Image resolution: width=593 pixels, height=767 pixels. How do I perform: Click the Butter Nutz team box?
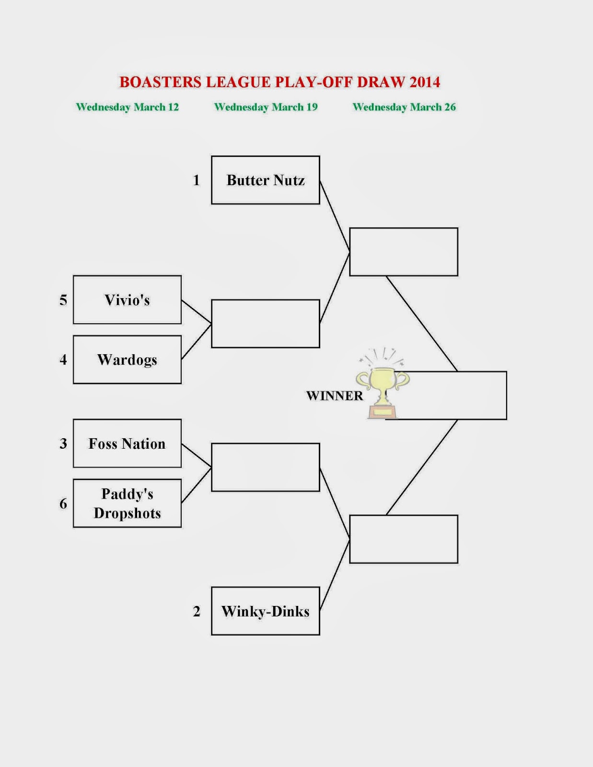point(266,180)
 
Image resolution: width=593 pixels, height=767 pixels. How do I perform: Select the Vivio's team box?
point(127,300)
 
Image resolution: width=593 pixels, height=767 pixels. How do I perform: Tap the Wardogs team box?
point(127,360)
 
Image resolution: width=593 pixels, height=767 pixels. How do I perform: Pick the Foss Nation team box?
point(127,443)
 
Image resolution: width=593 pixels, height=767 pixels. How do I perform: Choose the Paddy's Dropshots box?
point(127,503)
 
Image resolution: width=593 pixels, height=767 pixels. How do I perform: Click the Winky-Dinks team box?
point(266,611)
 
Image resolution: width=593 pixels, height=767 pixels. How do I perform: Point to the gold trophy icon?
point(383,385)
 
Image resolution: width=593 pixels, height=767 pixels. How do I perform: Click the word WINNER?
point(335,395)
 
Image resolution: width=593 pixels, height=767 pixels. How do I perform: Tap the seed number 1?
point(196,180)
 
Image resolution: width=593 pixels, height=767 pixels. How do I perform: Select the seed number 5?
point(63,300)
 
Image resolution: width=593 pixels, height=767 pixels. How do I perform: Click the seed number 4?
point(63,360)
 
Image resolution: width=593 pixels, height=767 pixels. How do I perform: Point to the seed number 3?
point(63,443)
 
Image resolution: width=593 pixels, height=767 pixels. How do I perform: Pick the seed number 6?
point(63,503)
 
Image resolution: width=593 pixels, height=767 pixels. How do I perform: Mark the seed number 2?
point(197,611)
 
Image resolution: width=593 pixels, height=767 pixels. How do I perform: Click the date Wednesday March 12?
point(128,107)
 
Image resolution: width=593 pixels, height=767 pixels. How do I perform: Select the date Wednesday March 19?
point(266,107)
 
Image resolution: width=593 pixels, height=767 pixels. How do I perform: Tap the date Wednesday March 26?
point(404,107)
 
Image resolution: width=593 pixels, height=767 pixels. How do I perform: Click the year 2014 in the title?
point(425,82)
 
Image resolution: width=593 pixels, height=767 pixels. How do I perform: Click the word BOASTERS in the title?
point(160,82)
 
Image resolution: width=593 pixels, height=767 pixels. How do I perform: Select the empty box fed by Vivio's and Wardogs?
point(266,324)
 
